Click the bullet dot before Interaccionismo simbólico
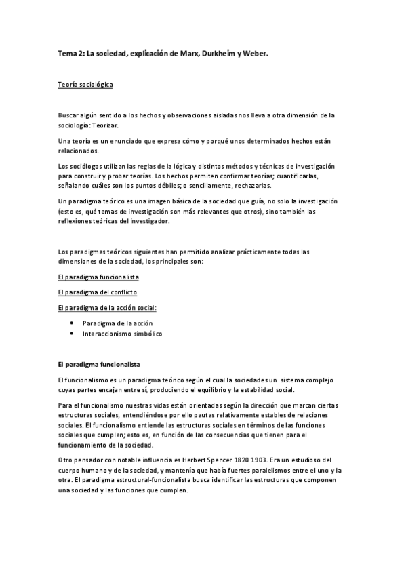pyautogui.click(x=70, y=334)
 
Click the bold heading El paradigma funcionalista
pyautogui.click(x=99, y=364)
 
